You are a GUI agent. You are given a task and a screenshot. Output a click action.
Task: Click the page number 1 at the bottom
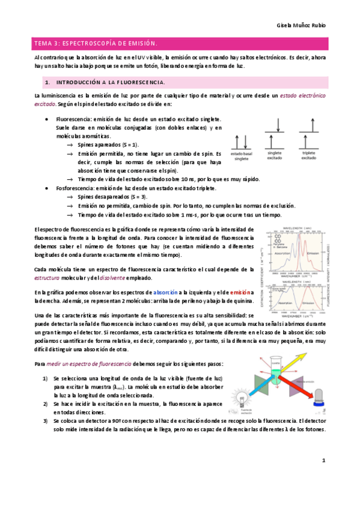[x=323, y=461]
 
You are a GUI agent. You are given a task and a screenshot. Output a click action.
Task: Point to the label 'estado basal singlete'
[x=242, y=157]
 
